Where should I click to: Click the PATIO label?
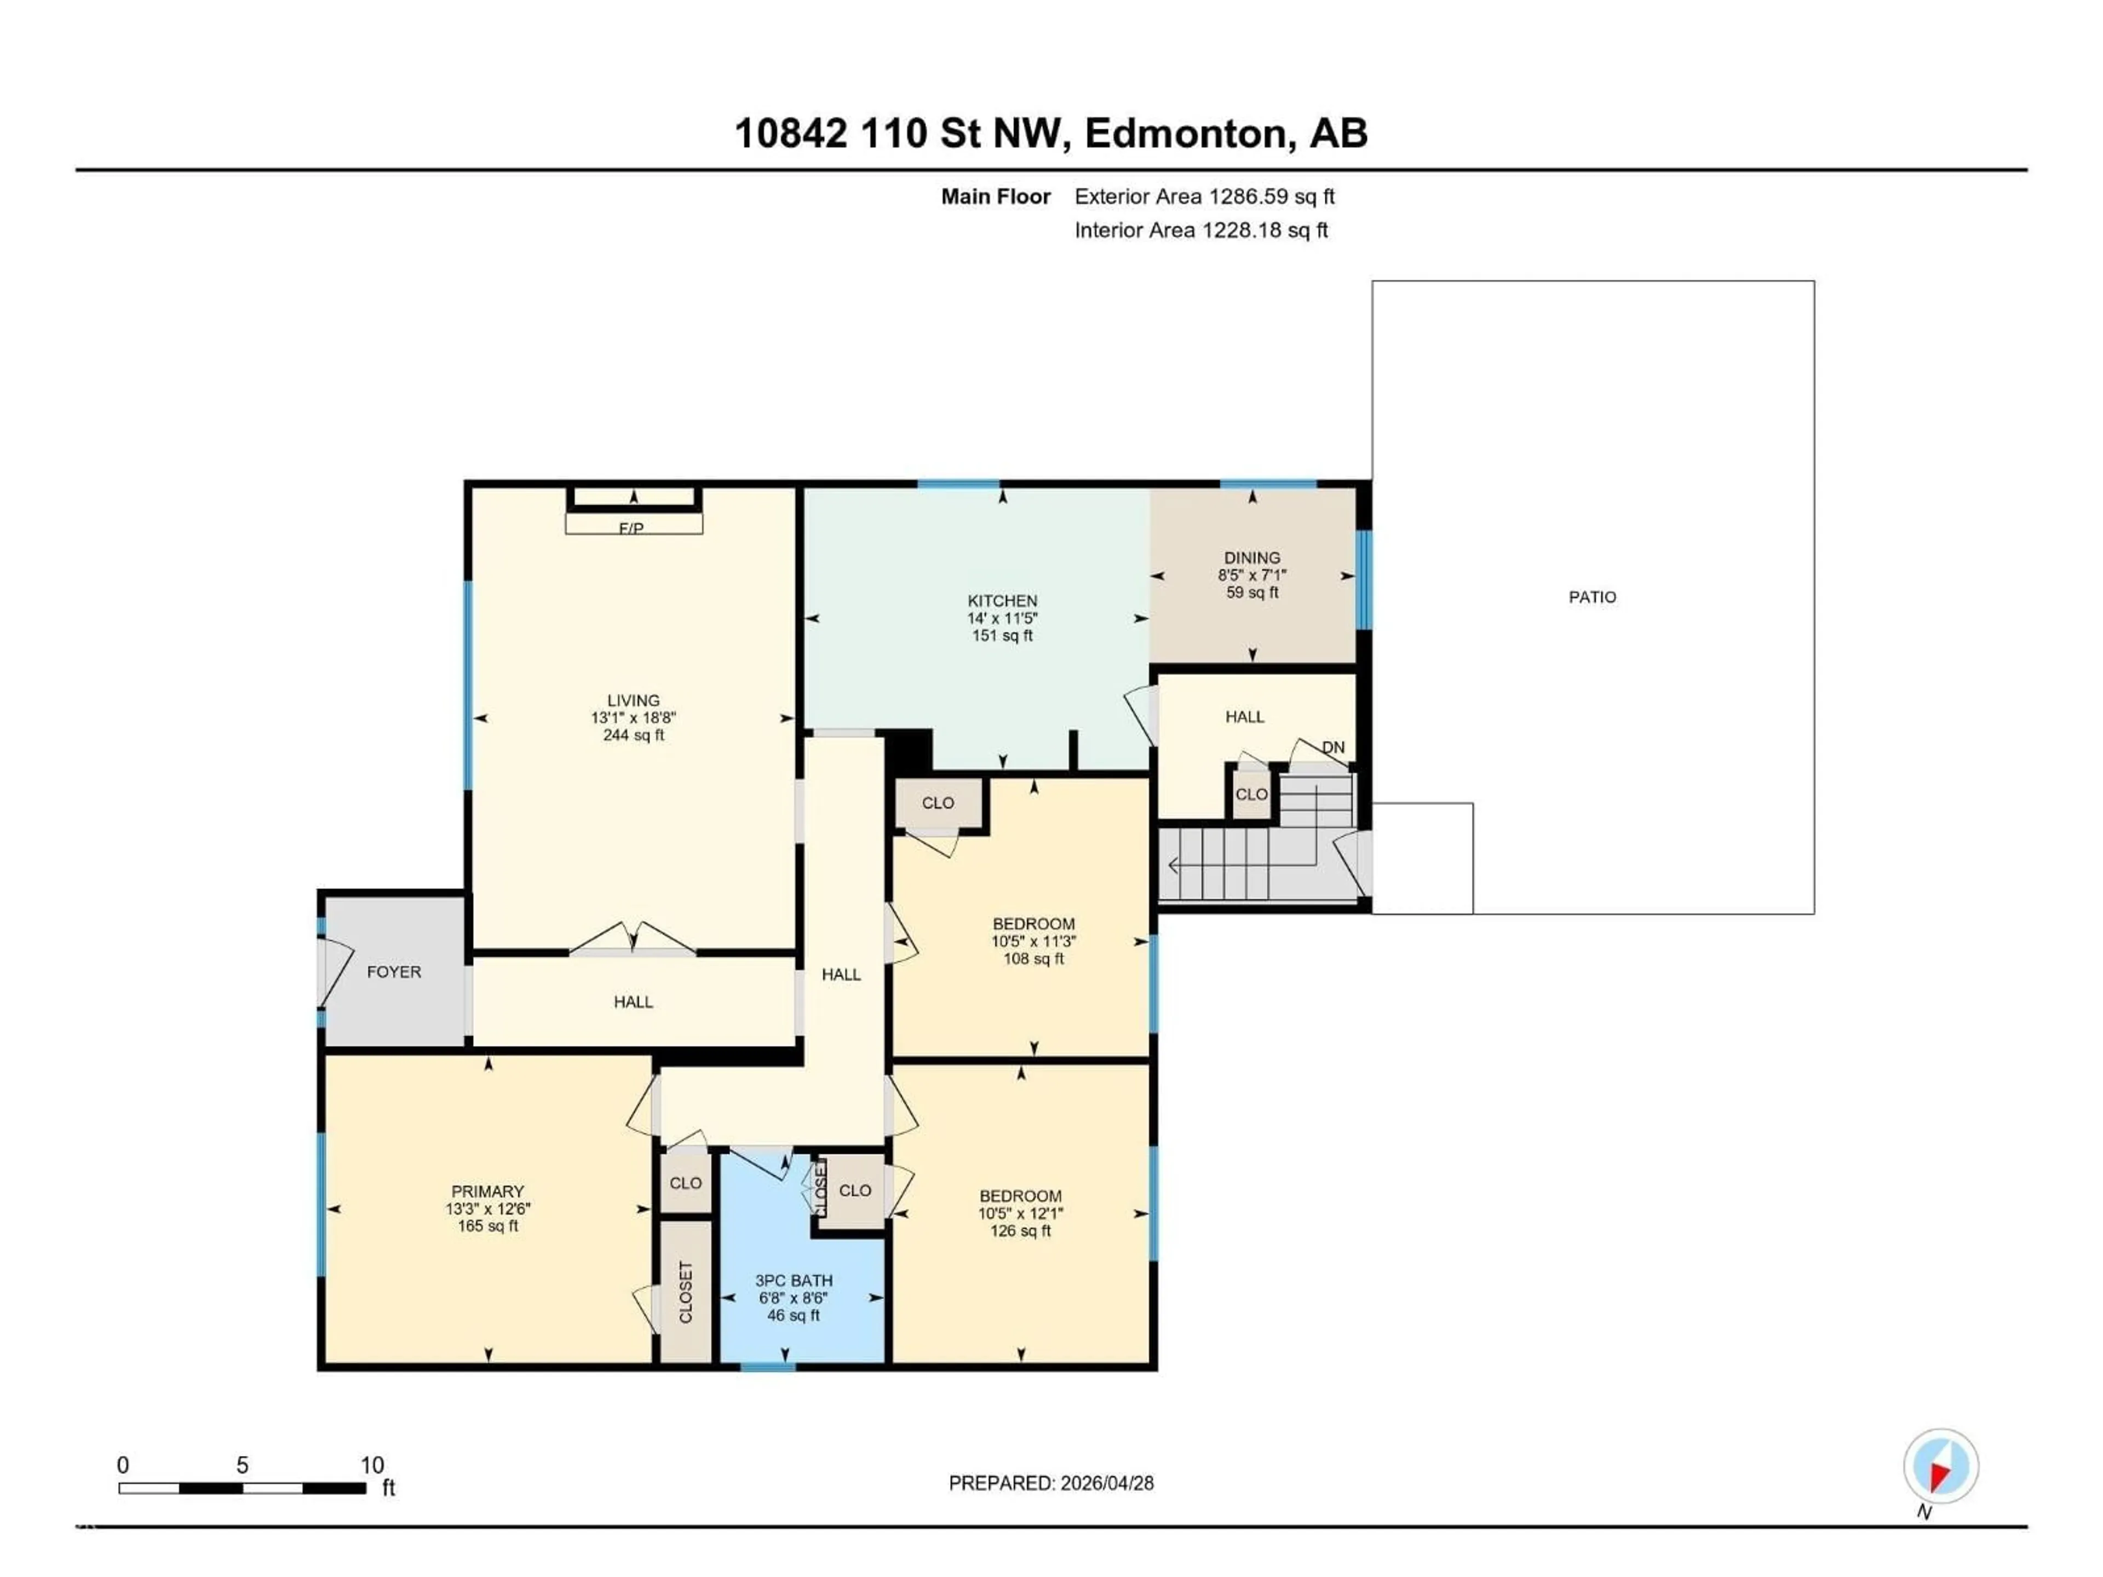click(1591, 597)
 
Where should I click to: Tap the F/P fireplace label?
click(631, 527)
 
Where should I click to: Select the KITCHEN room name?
click(1002, 601)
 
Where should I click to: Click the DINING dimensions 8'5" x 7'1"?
click(1251, 575)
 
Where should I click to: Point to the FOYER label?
click(394, 971)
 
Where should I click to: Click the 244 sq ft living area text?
click(633, 735)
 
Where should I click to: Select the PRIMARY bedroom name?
click(488, 1191)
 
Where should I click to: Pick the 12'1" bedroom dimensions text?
click(1020, 1214)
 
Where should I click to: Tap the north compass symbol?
click(1940, 1467)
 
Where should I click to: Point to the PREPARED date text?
click(1050, 1483)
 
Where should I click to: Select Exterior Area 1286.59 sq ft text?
click(1204, 197)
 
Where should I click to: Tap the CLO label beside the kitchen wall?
click(938, 803)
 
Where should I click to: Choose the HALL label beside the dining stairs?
click(1244, 717)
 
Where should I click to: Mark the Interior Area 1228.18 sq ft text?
click(1201, 230)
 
